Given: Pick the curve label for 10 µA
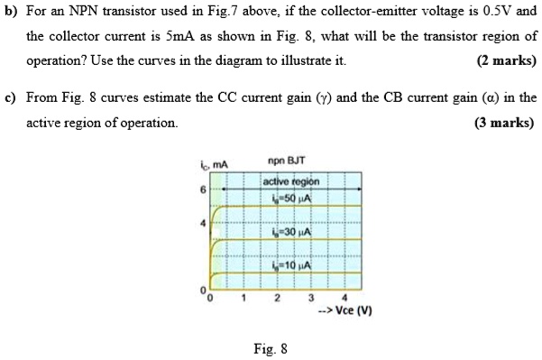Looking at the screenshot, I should click(x=289, y=266).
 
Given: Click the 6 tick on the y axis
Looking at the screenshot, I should click(x=204, y=189).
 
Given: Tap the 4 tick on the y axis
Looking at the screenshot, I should click(x=204, y=221).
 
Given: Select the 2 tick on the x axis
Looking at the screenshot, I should click(x=277, y=298).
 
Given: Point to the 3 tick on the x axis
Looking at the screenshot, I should click(x=309, y=298).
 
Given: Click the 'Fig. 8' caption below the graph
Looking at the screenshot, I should click(x=272, y=346).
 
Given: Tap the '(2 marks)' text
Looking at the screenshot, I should click(x=505, y=62).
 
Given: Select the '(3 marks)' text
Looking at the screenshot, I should click(x=505, y=122).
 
